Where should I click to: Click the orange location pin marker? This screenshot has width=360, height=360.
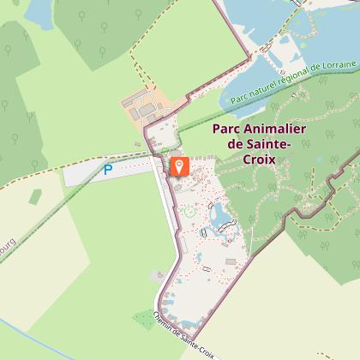coord(179,165)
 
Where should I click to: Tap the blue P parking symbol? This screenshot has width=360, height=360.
coord(108,171)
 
